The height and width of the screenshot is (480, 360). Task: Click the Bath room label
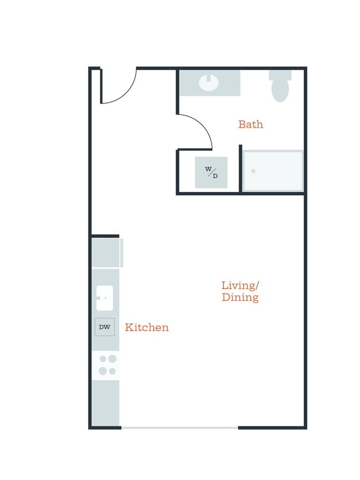point(251,124)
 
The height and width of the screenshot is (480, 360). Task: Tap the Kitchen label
point(147,327)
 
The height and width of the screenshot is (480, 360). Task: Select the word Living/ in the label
point(240,286)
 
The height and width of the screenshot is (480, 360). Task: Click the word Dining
point(240,297)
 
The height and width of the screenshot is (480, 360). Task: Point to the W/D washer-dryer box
point(211,172)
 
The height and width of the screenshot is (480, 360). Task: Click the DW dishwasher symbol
point(105,327)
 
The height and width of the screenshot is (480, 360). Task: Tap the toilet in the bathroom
point(280,86)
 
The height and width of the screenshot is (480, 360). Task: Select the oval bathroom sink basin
point(208,82)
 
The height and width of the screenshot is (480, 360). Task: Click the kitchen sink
point(105,298)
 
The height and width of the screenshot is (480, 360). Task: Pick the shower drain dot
point(254,171)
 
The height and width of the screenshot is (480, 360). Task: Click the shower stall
point(272,171)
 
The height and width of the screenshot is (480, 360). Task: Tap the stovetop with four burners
point(106,365)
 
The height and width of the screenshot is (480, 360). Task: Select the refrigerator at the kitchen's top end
point(106,253)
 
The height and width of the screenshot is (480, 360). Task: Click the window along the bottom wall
point(179,427)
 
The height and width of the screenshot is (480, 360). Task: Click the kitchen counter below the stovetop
point(106,403)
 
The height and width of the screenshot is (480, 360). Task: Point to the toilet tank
point(280,75)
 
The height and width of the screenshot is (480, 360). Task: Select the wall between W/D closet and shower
point(240,169)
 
